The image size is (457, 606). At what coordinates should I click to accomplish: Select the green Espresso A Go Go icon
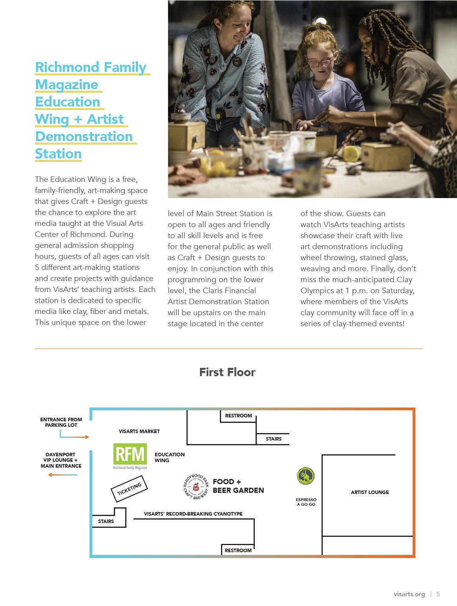pyautogui.click(x=305, y=476)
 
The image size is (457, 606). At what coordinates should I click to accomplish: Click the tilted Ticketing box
pyautogui.click(x=129, y=488)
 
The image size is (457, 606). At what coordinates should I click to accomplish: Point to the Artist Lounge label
pyautogui.click(x=369, y=492)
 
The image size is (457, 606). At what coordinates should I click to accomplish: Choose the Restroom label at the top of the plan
pyautogui.click(x=238, y=416)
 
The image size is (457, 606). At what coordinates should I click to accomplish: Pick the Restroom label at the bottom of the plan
pyautogui.click(x=238, y=551)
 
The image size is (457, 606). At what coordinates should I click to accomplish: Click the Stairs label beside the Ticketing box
pyautogui.click(x=106, y=522)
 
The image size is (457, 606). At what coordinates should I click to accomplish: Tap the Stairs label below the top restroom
pyautogui.click(x=274, y=439)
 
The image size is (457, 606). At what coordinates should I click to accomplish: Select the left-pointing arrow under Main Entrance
pyautogui.click(x=63, y=475)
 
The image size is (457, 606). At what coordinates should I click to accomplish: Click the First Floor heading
pyautogui.click(x=227, y=372)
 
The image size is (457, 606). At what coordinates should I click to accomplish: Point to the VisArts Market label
pyautogui.click(x=139, y=432)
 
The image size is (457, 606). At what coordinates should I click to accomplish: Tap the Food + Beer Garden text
pyautogui.click(x=238, y=486)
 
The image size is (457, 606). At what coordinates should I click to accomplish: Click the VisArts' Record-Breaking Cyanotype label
pyautogui.click(x=193, y=514)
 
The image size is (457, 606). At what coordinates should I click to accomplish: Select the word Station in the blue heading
pyautogui.click(x=58, y=154)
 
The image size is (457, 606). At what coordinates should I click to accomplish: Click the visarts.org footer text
pyautogui.click(x=409, y=594)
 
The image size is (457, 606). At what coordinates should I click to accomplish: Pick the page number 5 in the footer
pyautogui.click(x=438, y=594)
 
